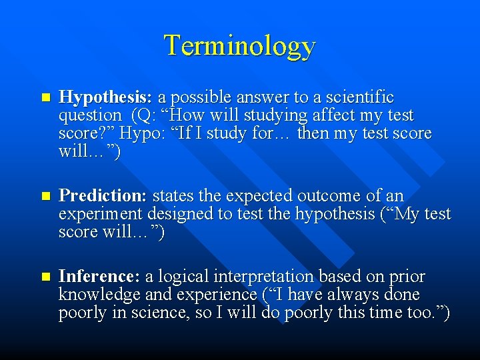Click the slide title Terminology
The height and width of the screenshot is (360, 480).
click(239, 45)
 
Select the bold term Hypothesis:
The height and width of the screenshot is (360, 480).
click(106, 97)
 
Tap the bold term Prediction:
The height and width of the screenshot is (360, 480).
click(103, 196)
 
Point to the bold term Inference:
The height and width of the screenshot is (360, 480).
click(100, 277)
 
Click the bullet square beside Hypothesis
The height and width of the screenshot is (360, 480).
click(45, 98)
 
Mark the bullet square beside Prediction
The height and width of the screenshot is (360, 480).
click(45, 197)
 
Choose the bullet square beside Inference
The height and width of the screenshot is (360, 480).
click(45, 277)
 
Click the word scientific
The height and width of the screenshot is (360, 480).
click(357, 97)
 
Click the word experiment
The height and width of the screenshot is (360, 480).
click(101, 215)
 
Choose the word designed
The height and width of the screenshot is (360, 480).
click(178, 214)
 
